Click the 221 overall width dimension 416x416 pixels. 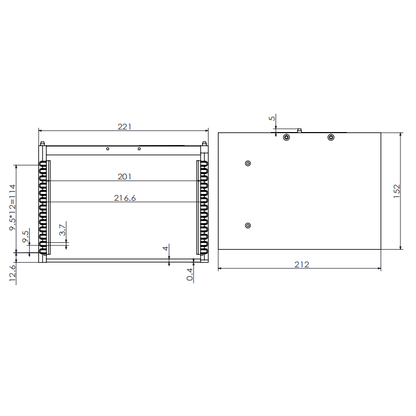[x=124, y=126]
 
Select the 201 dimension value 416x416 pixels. [x=124, y=177]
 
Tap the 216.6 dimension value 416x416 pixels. [x=124, y=198]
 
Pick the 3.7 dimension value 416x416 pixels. [x=62, y=230]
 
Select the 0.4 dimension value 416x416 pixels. [x=190, y=274]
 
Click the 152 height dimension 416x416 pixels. [x=396, y=191]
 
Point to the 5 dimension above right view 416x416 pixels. [x=271, y=119]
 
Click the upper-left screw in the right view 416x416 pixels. [x=286, y=137]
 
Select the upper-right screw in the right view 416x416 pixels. [x=331, y=137]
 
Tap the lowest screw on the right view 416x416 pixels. [x=248, y=225]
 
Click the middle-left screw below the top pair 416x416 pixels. [x=248, y=163]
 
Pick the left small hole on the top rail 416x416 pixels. [x=108, y=149]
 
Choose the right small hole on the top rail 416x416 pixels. [x=139, y=149]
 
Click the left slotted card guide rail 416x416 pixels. [x=45, y=208]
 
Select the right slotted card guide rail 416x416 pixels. [x=202, y=208]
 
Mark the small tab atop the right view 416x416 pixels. [x=300, y=130]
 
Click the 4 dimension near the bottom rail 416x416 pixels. [x=166, y=249]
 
